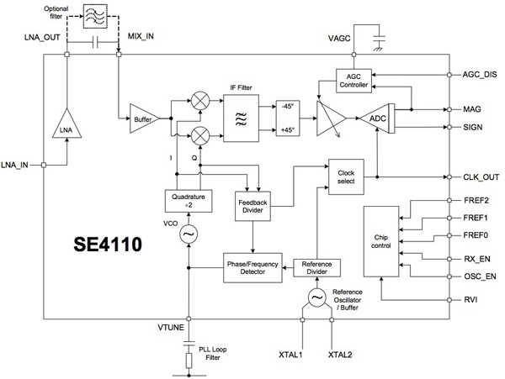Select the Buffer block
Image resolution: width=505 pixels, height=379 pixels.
coord(141,120)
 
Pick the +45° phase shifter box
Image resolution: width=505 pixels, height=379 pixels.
coord(290,130)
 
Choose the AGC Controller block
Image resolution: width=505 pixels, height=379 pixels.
coord(352,80)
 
